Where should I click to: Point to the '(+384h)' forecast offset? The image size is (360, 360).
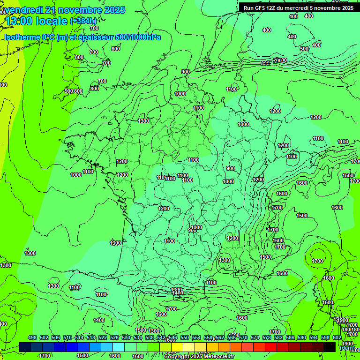[x=83, y=21]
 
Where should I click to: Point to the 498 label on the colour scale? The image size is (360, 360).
[x=32, y=338]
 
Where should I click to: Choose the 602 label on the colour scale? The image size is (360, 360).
[x=337, y=338]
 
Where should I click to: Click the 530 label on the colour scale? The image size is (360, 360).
[x=126, y=338]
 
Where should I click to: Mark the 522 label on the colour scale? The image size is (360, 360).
[x=102, y=338]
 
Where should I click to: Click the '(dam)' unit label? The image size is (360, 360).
[x=347, y=348]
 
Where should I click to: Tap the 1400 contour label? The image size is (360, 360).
[x=99, y=320]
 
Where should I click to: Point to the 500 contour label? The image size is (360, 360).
[x=304, y=49]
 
